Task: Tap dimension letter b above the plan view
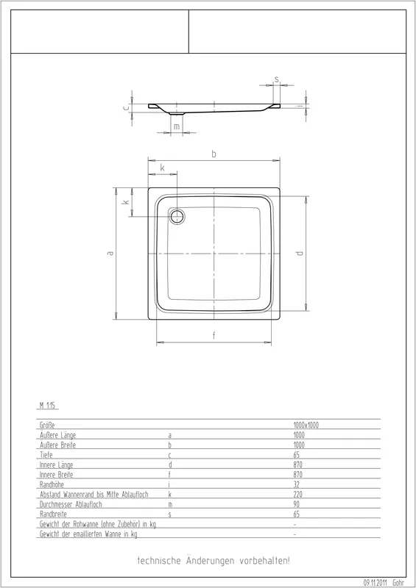click(214, 154)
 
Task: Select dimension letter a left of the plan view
click(110, 254)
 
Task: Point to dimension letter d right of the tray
click(300, 253)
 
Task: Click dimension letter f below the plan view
click(214, 335)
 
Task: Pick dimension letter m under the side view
click(177, 126)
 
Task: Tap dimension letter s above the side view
click(277, 79)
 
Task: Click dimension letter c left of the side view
click(126, 107)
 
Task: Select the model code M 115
click(47, 406)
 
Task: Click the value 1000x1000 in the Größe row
click(306, 425)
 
